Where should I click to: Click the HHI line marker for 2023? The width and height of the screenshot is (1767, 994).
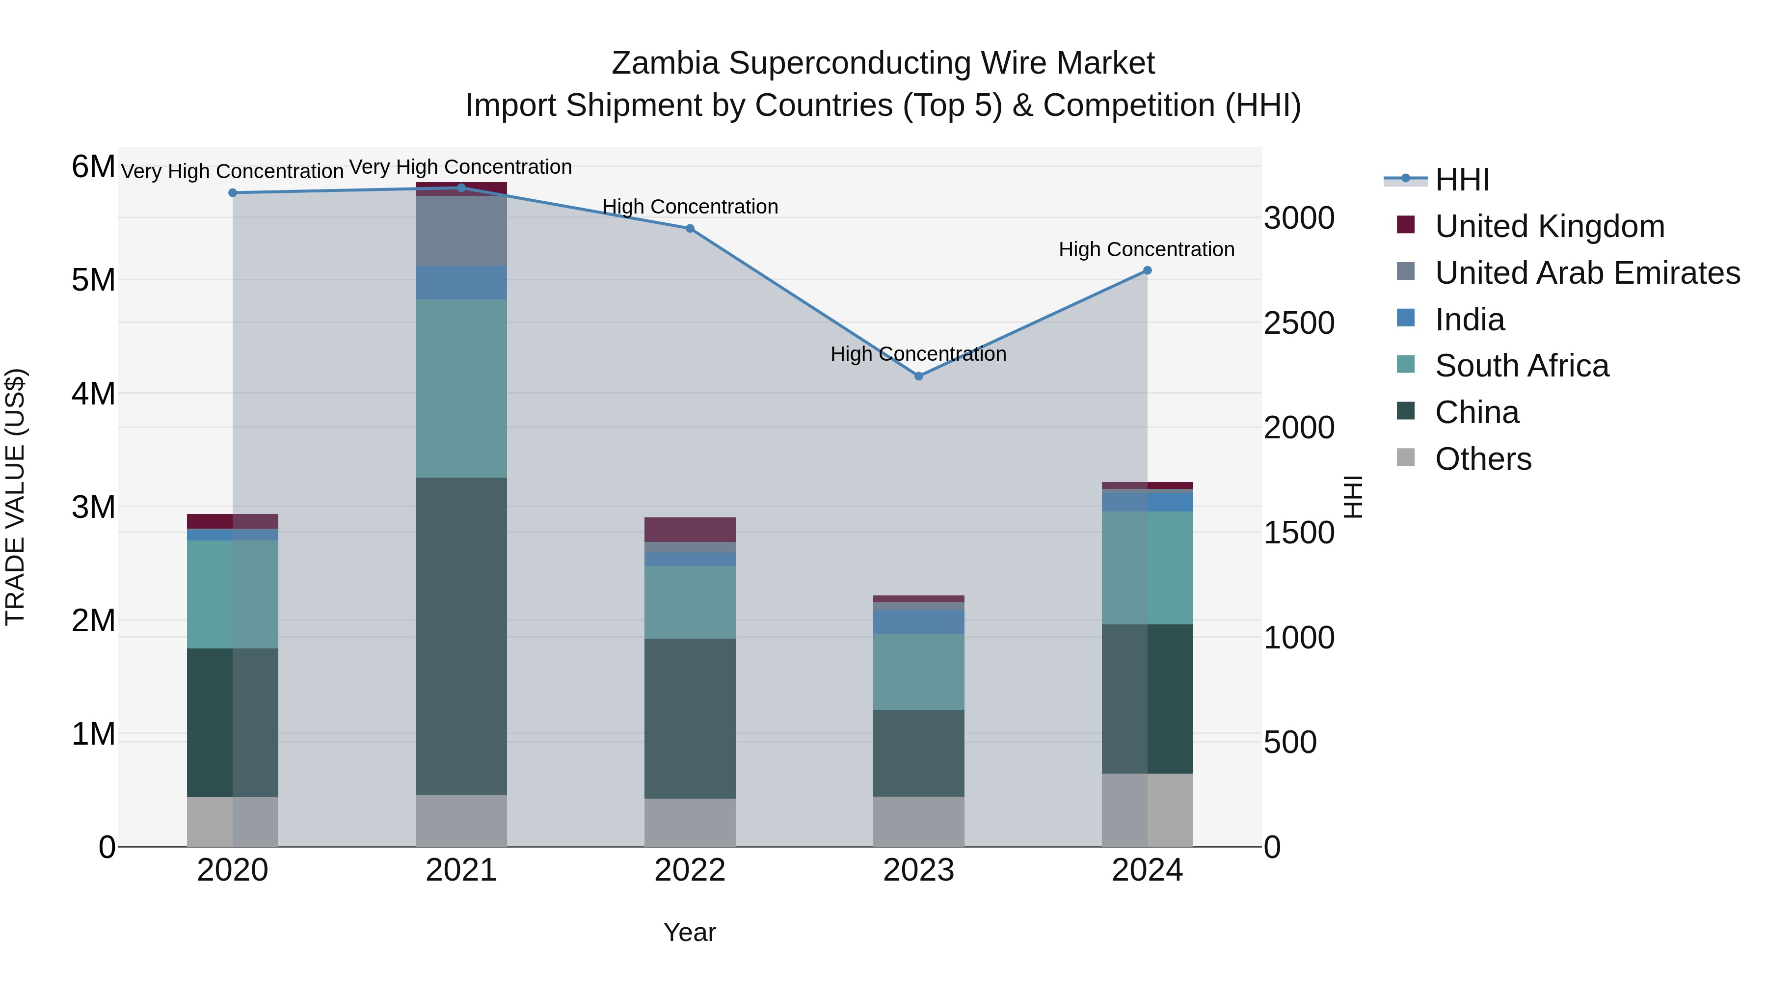[918, 376]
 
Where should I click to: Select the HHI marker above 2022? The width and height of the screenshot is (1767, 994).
[690, 228]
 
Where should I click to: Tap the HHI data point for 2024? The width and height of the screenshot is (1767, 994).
[1147, 270]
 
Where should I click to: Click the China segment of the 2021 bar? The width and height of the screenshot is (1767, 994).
[461, 636]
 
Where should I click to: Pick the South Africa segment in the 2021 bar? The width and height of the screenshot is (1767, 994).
[461, 388]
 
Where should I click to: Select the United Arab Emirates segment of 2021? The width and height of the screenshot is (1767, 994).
[461, 231]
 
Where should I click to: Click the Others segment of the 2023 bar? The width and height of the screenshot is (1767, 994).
[918, 821]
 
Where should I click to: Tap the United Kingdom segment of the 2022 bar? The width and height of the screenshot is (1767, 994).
[690, 530]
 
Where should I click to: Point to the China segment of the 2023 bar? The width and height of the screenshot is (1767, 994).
[918, 753]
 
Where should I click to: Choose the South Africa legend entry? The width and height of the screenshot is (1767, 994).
[1522, 366]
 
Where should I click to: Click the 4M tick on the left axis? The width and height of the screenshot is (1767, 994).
[93, 394]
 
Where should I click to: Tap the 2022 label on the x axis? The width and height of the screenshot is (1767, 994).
[690, 870]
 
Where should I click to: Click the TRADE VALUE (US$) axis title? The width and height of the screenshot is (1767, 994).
[15, 497]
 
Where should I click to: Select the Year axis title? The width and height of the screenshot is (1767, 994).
[690, 932]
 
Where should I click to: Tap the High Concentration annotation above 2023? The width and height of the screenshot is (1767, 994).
[918, 354]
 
